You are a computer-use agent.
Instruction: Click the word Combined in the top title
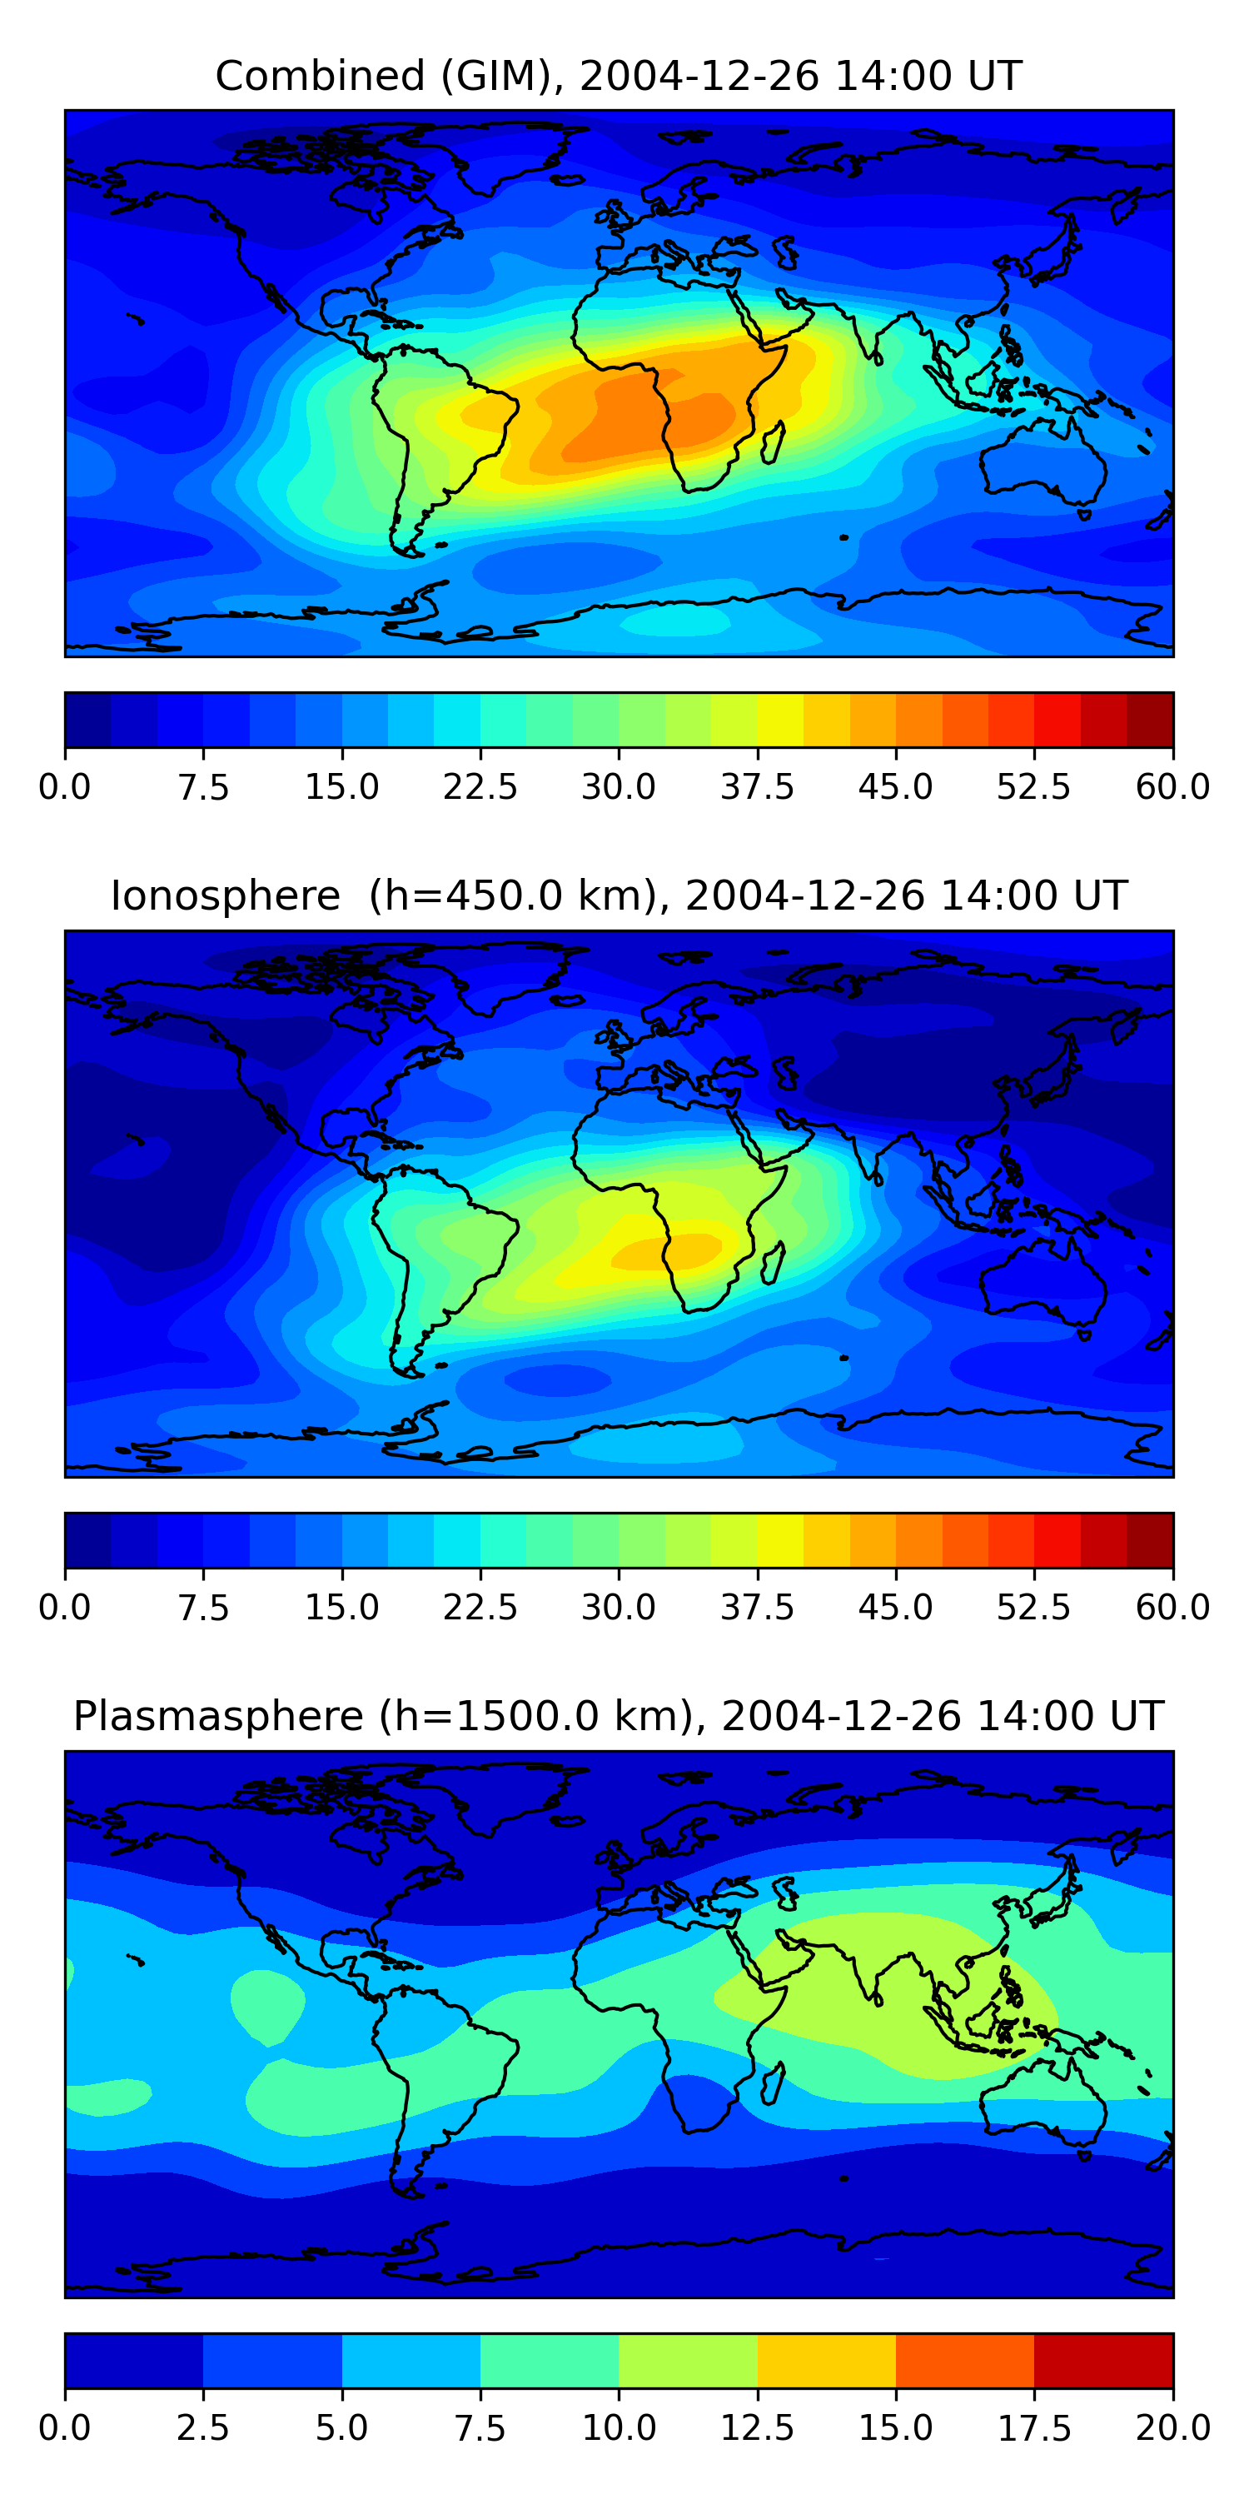pos(320,76)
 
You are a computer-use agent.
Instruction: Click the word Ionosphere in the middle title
pos(225,895)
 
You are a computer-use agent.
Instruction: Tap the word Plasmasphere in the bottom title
pos(218,1716)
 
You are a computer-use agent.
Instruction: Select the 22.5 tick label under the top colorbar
pos(480,786)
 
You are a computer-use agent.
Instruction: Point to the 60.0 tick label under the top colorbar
pos(1172,786)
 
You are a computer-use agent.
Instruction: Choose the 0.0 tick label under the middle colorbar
pos(65,1608)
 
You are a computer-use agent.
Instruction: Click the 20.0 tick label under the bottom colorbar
pos(1172,2428)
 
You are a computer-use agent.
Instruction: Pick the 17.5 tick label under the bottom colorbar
pos(1033,2428)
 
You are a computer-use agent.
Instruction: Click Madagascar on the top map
pos(773,442)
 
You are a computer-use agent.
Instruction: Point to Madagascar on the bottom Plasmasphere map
pos(773,2085)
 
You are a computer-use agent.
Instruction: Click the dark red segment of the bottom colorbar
pos(1102,2360)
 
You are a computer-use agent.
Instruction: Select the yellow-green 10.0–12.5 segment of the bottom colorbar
pos(688,2360)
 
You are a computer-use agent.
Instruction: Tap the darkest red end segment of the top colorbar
pos(1149,720)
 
